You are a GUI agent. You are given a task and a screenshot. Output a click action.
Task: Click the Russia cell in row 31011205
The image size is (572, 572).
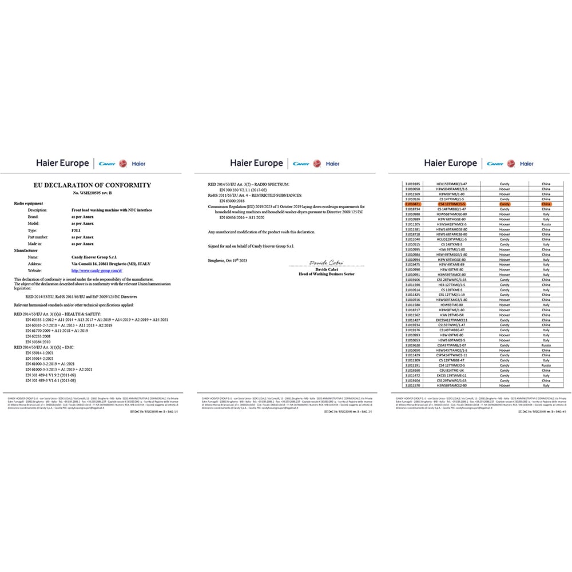coord(545,225)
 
